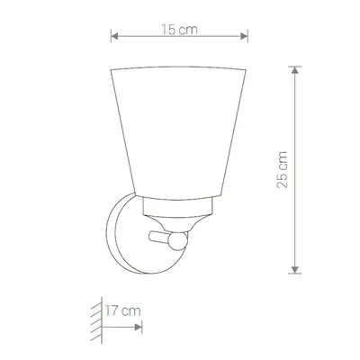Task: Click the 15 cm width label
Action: [180, 30]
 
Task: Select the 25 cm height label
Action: [282, 170]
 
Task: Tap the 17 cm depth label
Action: [122, 310]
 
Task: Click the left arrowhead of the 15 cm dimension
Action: [114, 37]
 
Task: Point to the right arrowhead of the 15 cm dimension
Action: [244, 37]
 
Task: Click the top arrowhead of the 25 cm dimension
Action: [295, 70]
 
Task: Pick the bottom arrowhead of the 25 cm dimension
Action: [295, 269]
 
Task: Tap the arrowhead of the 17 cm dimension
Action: [139, 327]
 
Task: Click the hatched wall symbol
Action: [96, 319]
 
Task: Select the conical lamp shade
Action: [178, 132]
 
